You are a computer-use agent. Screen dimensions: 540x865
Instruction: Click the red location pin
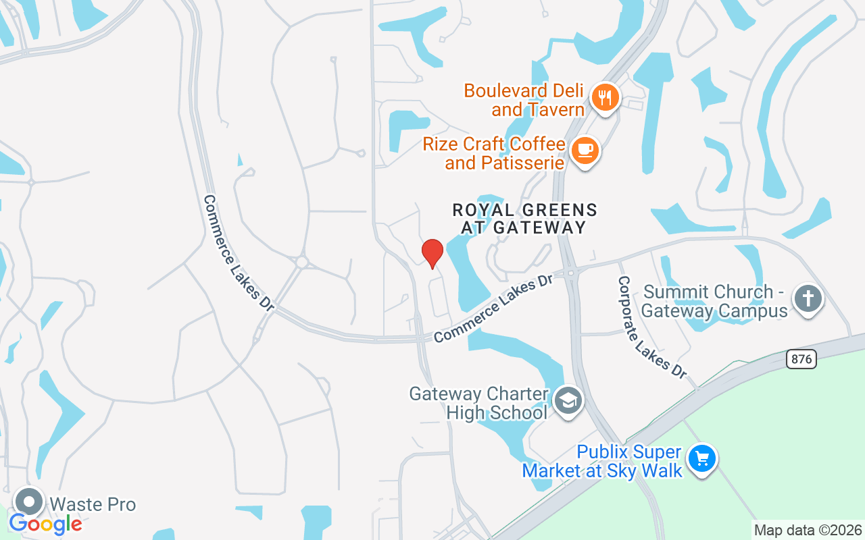pyautogui.click(x=432, y=253)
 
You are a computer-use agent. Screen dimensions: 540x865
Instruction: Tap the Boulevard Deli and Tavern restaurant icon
pyautogui.click(x=605, y=98)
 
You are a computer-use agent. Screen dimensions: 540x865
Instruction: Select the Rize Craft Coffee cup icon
pyautogui.click(x=585, y=151)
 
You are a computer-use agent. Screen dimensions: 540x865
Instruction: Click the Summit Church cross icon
pyautogui.click(x=808, y=298)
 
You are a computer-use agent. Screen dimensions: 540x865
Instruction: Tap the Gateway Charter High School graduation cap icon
pyautogui.click(x=568, y=401)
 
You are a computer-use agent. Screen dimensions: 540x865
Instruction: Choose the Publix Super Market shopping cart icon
pyautogui.click(x=702, y=459)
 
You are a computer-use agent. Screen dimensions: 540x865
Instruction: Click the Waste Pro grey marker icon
pyautogui.click(x=29, y=502)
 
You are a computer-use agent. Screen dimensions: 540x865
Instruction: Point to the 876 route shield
pyautogui.click(x=801, y=359)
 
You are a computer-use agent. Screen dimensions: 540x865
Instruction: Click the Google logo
pyautogui.click(x=46, y=524)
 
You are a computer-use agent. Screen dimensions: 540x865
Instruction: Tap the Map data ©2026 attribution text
pyautogui.click(x=808, y=531)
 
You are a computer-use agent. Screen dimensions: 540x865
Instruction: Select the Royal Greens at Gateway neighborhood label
pyautogui.click(x=524, y=219)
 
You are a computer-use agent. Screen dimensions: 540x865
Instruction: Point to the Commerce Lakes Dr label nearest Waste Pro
pyautogui.click(x=238, y=253)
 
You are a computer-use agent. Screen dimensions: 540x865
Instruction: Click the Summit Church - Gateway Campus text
pyautogui.click(x=715, y=301)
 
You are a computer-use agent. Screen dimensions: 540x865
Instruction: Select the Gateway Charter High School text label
pyautogui.click(x=478, y=403)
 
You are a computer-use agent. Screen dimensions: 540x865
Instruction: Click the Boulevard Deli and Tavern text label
pyautogui.click(x=524, y=99)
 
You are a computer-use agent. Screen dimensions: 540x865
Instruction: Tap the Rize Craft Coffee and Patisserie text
pyautogui.click(x=493, y=153)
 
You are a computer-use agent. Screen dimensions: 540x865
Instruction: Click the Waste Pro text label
pyautogui.click(x=93, y=504)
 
